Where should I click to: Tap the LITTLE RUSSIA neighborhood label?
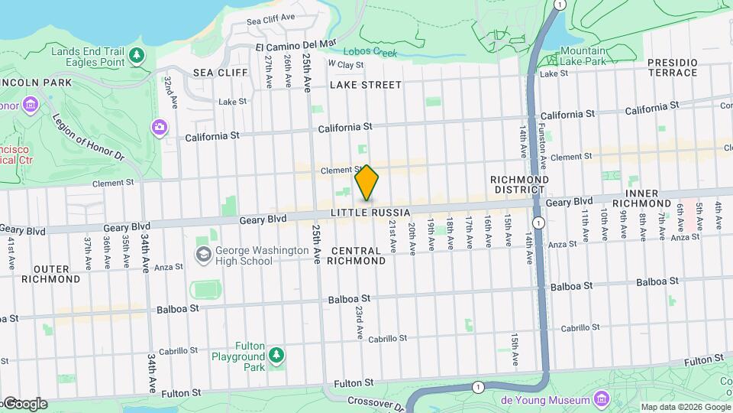coord(371,212)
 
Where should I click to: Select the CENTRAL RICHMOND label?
coord(357,255)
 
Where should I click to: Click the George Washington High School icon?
coord(203,254)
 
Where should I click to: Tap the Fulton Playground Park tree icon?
coord(276,356)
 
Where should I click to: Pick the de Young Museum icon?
coord(601,399)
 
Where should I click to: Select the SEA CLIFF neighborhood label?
coord(221,72)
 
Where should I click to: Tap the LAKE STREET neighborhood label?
coord(365,85)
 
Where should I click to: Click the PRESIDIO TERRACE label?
coord(672,67)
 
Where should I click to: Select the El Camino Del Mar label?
coord(295,47)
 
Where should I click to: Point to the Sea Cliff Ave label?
coord(270,17)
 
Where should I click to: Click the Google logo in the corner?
coord(24,404)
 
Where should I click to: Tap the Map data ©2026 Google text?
coord(685,407)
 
